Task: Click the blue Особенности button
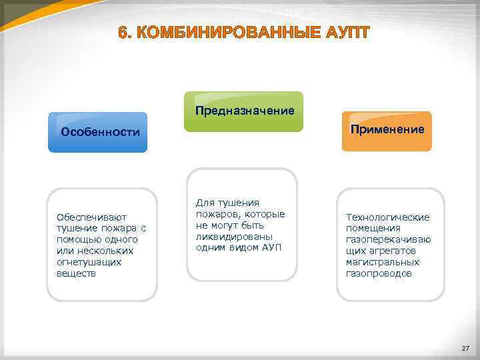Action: [x=100, y=132]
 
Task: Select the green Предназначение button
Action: [x=244, y=111]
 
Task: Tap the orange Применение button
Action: [x=387, y=129]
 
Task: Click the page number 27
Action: [x=465, y=349]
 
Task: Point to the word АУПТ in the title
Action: [x=342, y=33]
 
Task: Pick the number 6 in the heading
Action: [x=123, y=33]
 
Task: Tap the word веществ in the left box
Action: [x=76, y=273]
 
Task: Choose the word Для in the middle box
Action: [x=205, y=202]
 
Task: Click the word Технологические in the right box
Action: [x=387, y=217]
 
